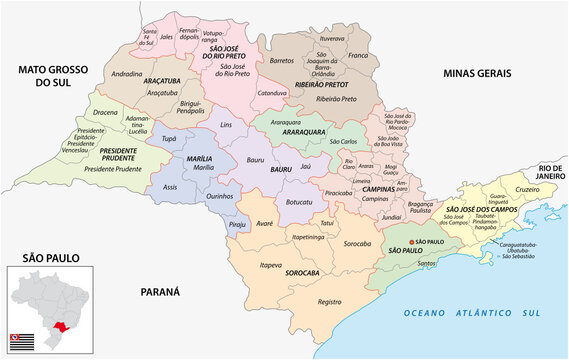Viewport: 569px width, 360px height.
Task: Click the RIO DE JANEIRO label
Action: click(549, 172)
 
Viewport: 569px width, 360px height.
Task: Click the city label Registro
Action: click(330, 301)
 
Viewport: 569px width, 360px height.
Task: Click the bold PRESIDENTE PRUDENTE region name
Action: click(125, 154)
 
